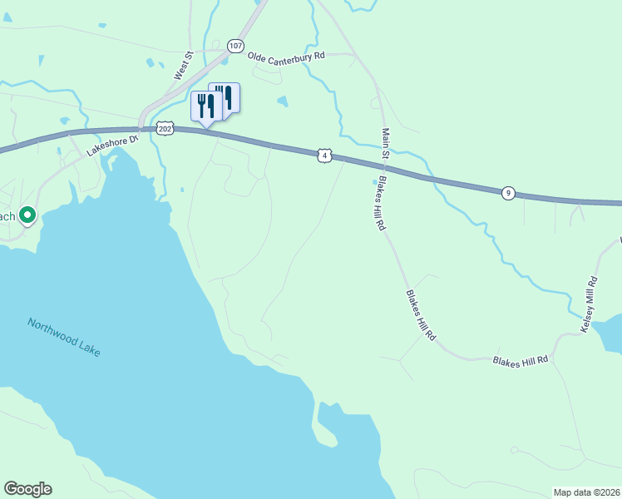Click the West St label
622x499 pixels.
point(184,66)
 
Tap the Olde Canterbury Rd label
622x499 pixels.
point(286,56)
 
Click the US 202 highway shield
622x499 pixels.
point(165,130)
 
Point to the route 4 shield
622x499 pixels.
point(324,156)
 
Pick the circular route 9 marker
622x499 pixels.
point(508,193)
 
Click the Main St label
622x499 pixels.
point(386,143)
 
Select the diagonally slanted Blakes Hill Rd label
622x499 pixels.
point(421,314)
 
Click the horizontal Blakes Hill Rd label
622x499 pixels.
point(521,361)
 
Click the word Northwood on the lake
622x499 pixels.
point(51,329)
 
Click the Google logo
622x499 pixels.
point(27,489)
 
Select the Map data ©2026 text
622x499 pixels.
point(586,492)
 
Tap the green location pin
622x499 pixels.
point(27,215)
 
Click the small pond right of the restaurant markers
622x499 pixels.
point(283,101)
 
